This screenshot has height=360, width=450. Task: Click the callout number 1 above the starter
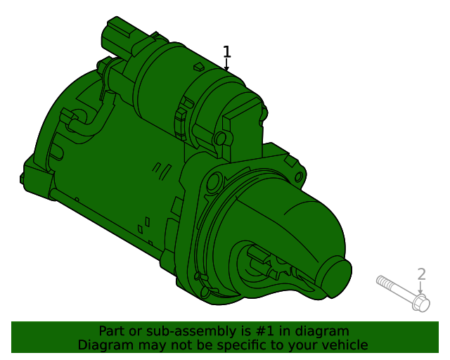(226, 51)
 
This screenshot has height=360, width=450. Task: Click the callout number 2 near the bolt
(421, 274)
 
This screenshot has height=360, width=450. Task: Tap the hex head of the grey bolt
(420, 304)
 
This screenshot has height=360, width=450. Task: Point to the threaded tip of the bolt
(380, 281)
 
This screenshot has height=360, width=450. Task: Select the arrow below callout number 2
(421, 288)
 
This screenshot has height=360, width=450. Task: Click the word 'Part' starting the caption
(111, 331)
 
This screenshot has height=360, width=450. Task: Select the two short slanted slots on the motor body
(161, 168)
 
